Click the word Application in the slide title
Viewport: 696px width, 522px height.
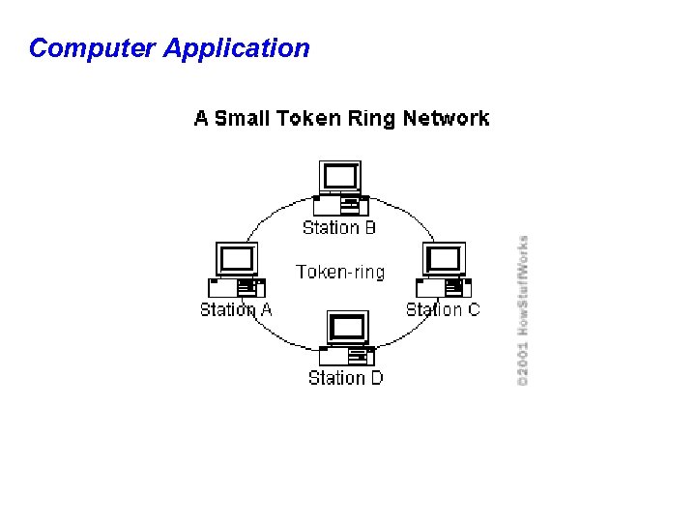(x=237, y=48)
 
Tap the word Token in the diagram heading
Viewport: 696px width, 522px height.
(x=307, y=119)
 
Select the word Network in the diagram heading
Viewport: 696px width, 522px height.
(x=446, y=119)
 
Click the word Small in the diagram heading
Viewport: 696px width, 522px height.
(x=243, y=119)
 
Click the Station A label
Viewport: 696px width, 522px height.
(x=236, y=310)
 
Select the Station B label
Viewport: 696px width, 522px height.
(x=338, y=228)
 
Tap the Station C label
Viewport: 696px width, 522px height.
(x=443, y=310)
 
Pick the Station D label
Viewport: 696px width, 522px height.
(x=345, y=378)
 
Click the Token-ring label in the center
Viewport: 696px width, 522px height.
(x=340, y=273)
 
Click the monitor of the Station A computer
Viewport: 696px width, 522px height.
(x=237, y=259)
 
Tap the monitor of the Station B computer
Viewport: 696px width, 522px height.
(x=339, y=177)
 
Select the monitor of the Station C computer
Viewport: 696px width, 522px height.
(x=444, y=259)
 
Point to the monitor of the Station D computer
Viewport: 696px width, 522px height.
(x=347, y=327)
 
